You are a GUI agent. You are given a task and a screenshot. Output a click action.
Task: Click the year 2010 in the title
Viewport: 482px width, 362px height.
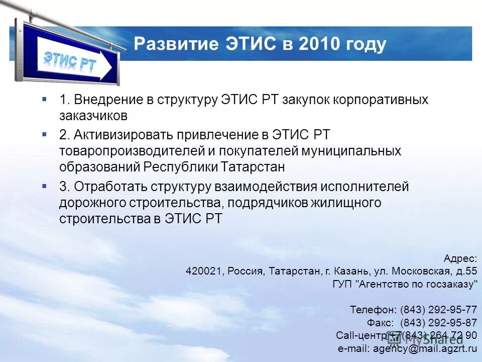pyautogui.click(x=318, y=44)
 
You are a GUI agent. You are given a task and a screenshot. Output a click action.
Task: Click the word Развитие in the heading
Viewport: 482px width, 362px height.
pyautogui.click(x=175, y=44)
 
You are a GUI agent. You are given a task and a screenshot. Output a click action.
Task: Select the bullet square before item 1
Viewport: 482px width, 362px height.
pyautogui.click(x=45, y=99)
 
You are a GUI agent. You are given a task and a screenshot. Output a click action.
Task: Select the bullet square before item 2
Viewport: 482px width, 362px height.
pyautogui.click(x=45, y=134)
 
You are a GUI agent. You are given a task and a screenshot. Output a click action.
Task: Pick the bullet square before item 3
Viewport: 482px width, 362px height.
pyautogui.click(x=45, y=186)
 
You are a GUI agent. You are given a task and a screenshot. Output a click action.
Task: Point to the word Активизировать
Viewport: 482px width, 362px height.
pyautogui.click(x=124, y=135)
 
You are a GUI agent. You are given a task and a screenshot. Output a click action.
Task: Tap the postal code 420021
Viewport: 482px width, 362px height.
pyautogui.click(x=204, y=271)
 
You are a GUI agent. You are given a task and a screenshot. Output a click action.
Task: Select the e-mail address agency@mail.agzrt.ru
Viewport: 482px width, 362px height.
pyautogui.click(x=424, y=348)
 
